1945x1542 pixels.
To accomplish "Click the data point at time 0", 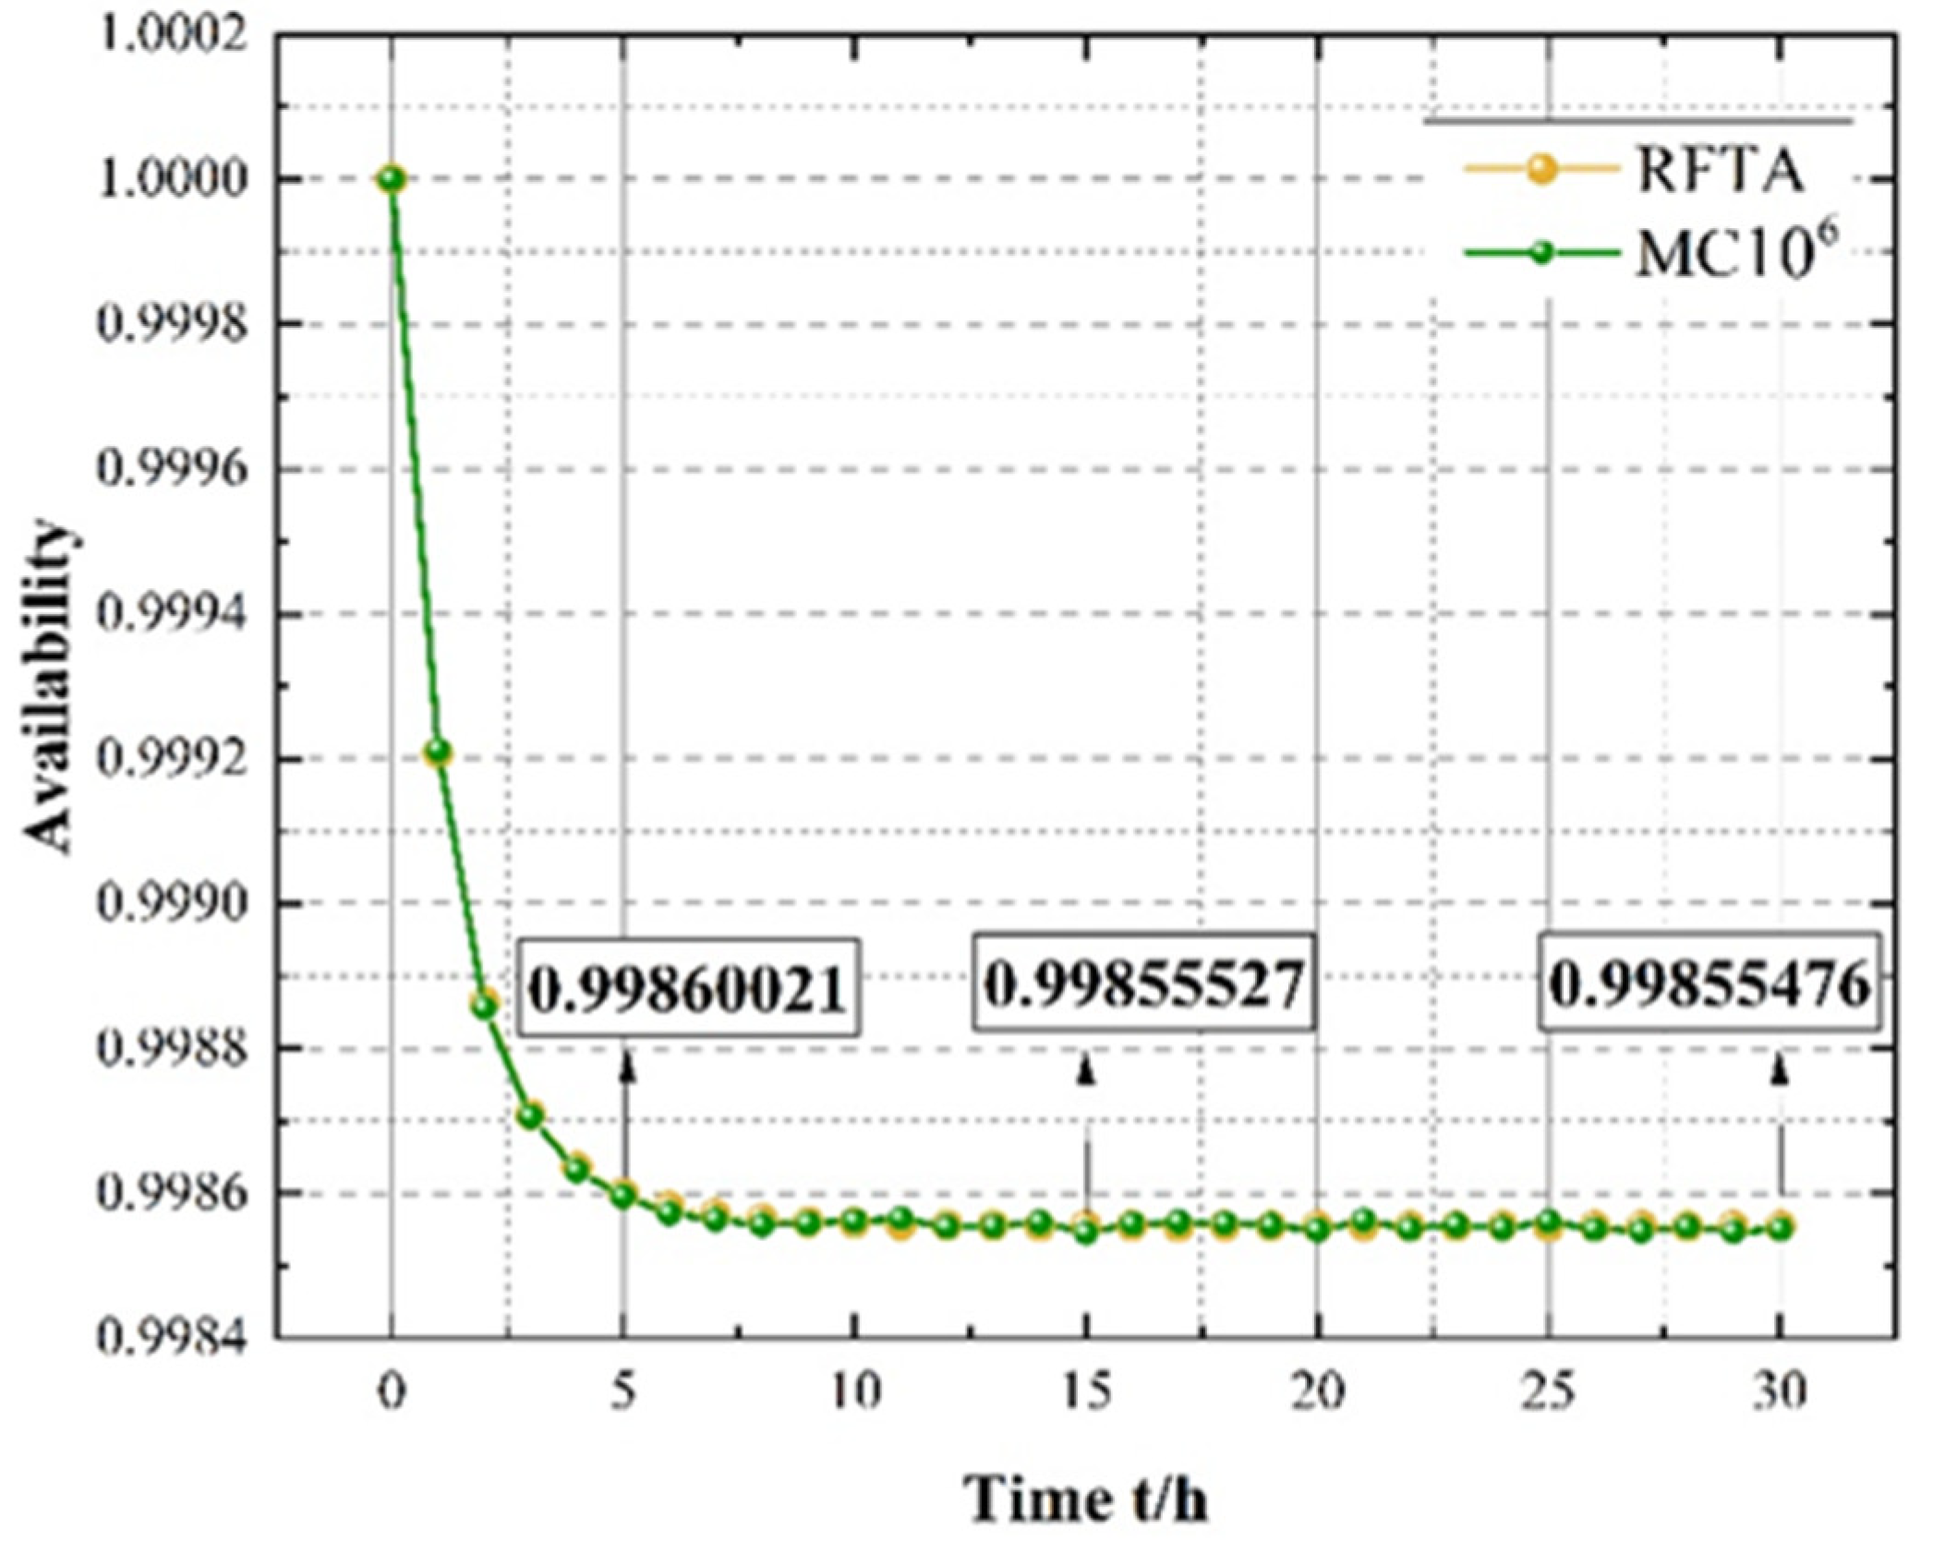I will (x=392, y=178).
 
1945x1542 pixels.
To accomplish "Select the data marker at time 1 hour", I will (x=438, y=752).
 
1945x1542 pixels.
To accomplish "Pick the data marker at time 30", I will (x=1781, y=1227).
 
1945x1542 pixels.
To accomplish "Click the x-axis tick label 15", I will (x=1086, y=1391).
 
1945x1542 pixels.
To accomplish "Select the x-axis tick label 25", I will (x=1549, y=1391).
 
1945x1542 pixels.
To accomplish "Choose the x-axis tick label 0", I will (x=392, y=1391).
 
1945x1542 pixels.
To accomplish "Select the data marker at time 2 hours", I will (x=484, y=1005).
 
